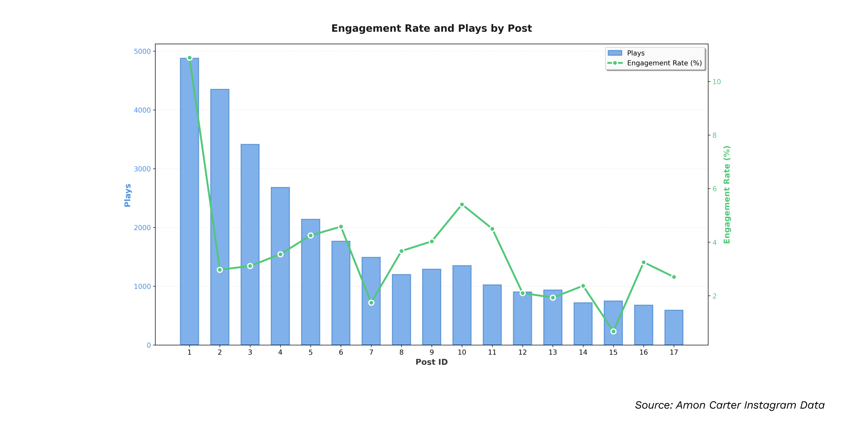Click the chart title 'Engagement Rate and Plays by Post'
coord(431,28)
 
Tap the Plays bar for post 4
coord(280,266)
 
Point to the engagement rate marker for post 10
coord(462,204)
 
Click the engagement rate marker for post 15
coord(613,332)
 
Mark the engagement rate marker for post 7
coord(371,303)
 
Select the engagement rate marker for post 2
coord(220,270)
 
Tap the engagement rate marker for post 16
coord(644,263)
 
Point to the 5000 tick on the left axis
coord(142,51)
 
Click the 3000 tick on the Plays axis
coord(142,169)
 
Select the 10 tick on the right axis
coord(717,82)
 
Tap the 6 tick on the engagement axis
coord(714,189)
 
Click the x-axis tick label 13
coord(553,353)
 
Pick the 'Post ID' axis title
coord(431,362)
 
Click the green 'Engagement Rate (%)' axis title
coord(727,194)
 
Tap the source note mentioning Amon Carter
coord(729,405)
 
